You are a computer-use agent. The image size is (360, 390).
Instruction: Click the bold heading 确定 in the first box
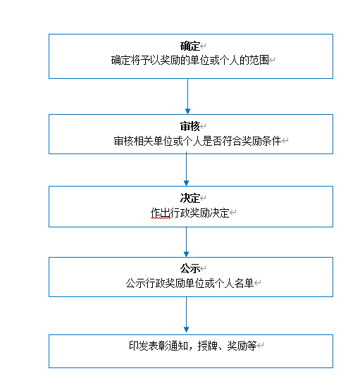tap(190, 46)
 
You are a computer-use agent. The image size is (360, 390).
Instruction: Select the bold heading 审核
tap(190, 126)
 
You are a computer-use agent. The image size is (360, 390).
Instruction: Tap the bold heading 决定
tap(190, 199)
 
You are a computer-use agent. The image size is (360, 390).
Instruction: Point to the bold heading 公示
tap(190, 269)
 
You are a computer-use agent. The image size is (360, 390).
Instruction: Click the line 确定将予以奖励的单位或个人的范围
tap(190, 61)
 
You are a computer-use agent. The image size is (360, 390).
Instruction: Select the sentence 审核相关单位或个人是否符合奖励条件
tap(197, 141)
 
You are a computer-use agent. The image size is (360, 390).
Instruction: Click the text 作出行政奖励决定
tap(190, 213)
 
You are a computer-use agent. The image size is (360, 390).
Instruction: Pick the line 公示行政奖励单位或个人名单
tap(190, 283)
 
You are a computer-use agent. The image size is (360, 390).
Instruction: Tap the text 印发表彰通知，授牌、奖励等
tap(193, 346)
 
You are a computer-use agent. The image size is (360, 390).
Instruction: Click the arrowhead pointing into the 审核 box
tap(187, 111)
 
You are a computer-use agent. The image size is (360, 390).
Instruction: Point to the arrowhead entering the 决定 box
tap(186, 183)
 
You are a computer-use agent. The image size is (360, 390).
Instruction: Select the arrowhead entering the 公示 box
tap(186, 254)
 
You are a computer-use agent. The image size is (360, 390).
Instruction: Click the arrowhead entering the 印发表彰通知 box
tap(186, 329)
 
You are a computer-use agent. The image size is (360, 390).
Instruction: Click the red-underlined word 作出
tap(161, 213)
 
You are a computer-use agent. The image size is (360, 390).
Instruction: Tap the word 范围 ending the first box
tap(259, 61)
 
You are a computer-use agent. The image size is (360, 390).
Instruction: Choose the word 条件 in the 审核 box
tap(271, 141)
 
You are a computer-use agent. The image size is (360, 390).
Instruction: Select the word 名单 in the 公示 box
tap(244, 283)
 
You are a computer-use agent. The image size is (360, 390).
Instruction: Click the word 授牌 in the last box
tap(208, 346)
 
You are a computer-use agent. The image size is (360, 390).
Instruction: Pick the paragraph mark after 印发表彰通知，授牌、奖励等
tap(261, 346)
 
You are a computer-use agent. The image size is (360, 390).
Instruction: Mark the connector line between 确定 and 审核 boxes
tap(187, 96)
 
